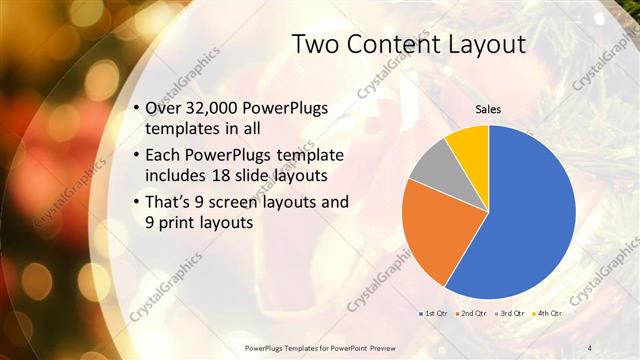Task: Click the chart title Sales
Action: (x=487, y=109)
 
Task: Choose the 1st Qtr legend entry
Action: (x=432, y=313)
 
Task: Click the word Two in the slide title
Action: (x=316, y=44)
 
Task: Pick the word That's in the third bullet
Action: (x=167, y=203)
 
